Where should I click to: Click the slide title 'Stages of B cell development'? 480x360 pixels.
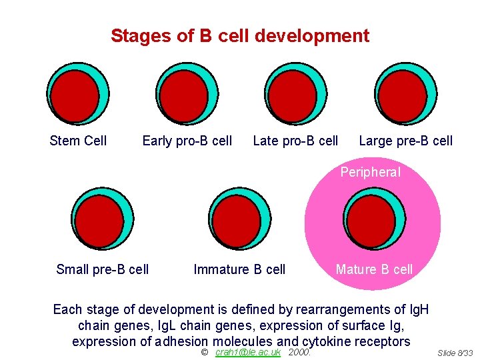pos(239,36)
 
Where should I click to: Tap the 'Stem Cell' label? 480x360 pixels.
pos(78,141)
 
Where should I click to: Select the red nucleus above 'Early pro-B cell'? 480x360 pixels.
pos(183,95)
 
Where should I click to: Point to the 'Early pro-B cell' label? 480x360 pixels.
pos(187,141)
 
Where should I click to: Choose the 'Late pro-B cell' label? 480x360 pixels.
pos(295,141)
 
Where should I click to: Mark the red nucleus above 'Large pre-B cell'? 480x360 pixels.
pos(401,95)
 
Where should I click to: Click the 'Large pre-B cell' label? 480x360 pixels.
pos(405,141)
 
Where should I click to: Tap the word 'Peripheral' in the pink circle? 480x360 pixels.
pos(371,173)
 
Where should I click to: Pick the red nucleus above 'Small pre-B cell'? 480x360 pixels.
pos(99,222)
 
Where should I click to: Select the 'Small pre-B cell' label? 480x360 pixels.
pos(103,269)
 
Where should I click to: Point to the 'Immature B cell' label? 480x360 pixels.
pos(239,269)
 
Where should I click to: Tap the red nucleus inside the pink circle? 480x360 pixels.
pos(371,222)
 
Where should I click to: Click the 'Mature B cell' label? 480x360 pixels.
pos(374,269)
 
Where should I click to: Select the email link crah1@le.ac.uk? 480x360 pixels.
pos(248,352)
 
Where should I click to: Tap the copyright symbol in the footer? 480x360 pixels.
pos(205,352)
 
